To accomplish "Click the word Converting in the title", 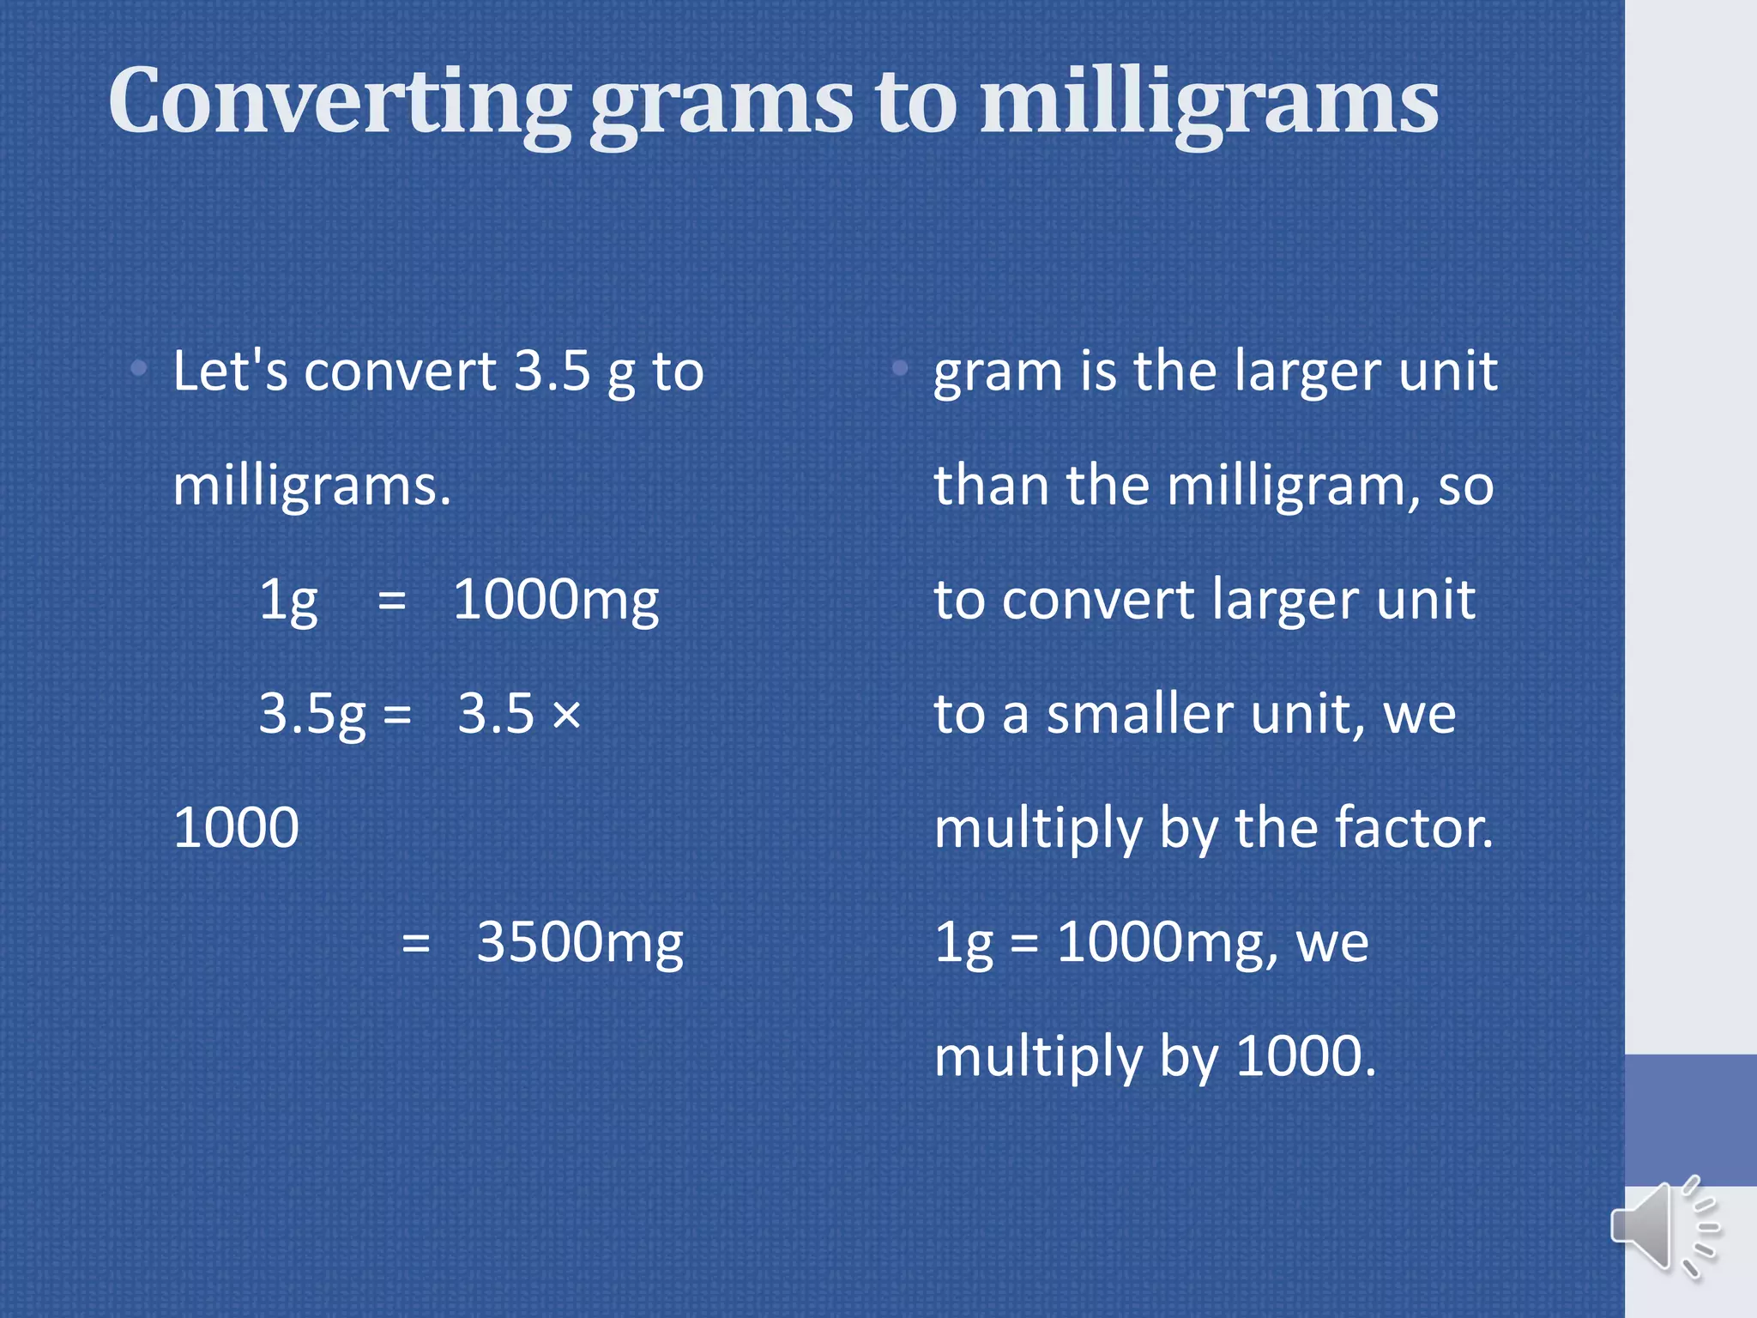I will tap(339, 103).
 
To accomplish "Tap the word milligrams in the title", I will tap(1209, 103).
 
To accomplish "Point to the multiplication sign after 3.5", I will tap(566, 714).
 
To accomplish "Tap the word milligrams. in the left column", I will tap(311, 487).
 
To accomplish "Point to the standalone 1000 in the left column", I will tap(236, 828).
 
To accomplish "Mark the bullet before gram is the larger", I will tap(899, 369).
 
